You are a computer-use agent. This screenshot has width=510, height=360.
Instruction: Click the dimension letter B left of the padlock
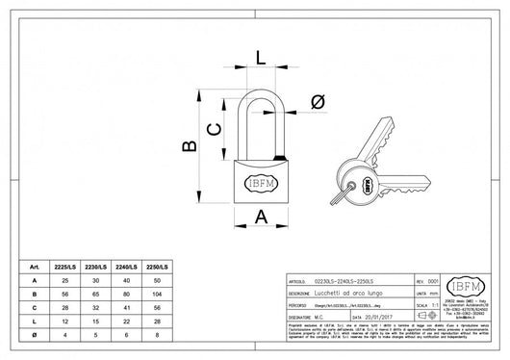point(191,144)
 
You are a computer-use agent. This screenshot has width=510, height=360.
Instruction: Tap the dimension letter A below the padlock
point(261,217)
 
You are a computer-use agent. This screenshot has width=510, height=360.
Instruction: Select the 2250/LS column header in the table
point(157,265)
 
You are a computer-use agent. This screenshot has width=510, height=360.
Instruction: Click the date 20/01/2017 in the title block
point(370,315)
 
